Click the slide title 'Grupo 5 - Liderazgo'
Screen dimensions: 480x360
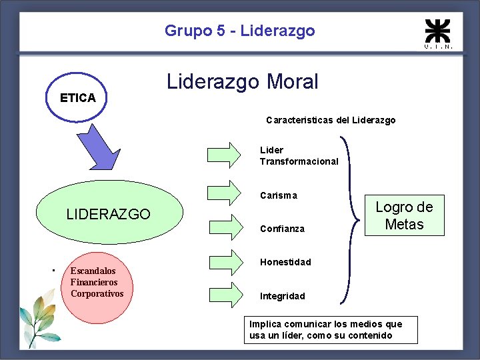tap(239, 31)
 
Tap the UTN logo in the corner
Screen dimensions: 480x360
tap(438, 33)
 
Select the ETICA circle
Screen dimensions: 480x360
tap(78, 97)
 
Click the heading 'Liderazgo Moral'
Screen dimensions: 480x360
tap(242, 82)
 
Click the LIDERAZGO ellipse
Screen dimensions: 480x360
tap(108, 213)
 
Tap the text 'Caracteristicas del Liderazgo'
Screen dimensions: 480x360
tap(330, 121)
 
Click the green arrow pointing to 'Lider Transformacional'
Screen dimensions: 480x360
tap(223, 154)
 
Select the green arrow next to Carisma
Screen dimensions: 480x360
tap(223, 191)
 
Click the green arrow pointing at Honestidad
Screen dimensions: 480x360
tap(223, 259)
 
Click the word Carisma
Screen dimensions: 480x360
tap(279, 195)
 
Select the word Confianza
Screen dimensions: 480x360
tap(282, 229)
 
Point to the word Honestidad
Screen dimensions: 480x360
tap(285, 262)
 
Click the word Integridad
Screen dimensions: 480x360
tap(283, 296)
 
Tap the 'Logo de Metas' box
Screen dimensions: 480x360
tap(404, 215)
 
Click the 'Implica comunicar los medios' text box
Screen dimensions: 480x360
tap(331, 329)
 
